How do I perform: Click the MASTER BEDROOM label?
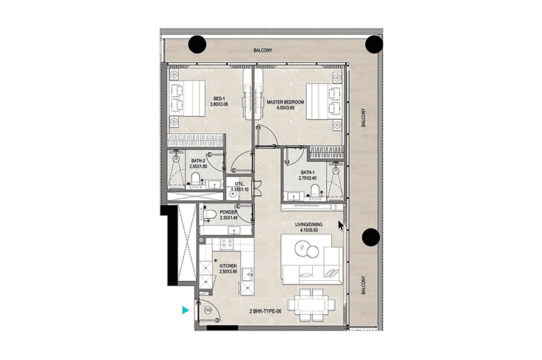pyautogui.click(x=285, y=102)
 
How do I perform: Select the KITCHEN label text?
pyautogui.click(x=228, y=266)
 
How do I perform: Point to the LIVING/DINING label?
pyautogui.click(x=308, y=225)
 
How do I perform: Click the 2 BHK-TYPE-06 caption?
pyautogui.click(x=265, y=311)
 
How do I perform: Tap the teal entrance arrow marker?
pyautogui.click(x=186, y=310)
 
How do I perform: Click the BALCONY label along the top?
pyautogui.click(x=262, y=50)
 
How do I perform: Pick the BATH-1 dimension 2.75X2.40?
pyautogui.click(x=308, y=178)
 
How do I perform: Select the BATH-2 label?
pyautogui.click(x=198, y=161)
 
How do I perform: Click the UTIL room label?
pyautogui.click(x=239, y=184)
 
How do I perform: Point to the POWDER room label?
pyautogui.click(x=228, y=212)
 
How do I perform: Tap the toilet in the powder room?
pyautogui.click(x=209, y=215)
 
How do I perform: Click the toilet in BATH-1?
pyautogui.click(x=315, y=191)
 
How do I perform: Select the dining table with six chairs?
pyautogui.click(x=311, y=305)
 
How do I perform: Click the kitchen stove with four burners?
pyautogui.click(x=227, y=243)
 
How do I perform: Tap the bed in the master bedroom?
pyautogui.click(x=324, y=101)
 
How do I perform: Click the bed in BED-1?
pyautogui.click(x=188, y=98)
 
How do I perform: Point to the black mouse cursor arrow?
pyautogui.click(x=341, y=225)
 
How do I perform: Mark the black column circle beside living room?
pyautogui.click(x=371, y=237)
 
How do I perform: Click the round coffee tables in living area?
pyautogui.click(x=307, y=249)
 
